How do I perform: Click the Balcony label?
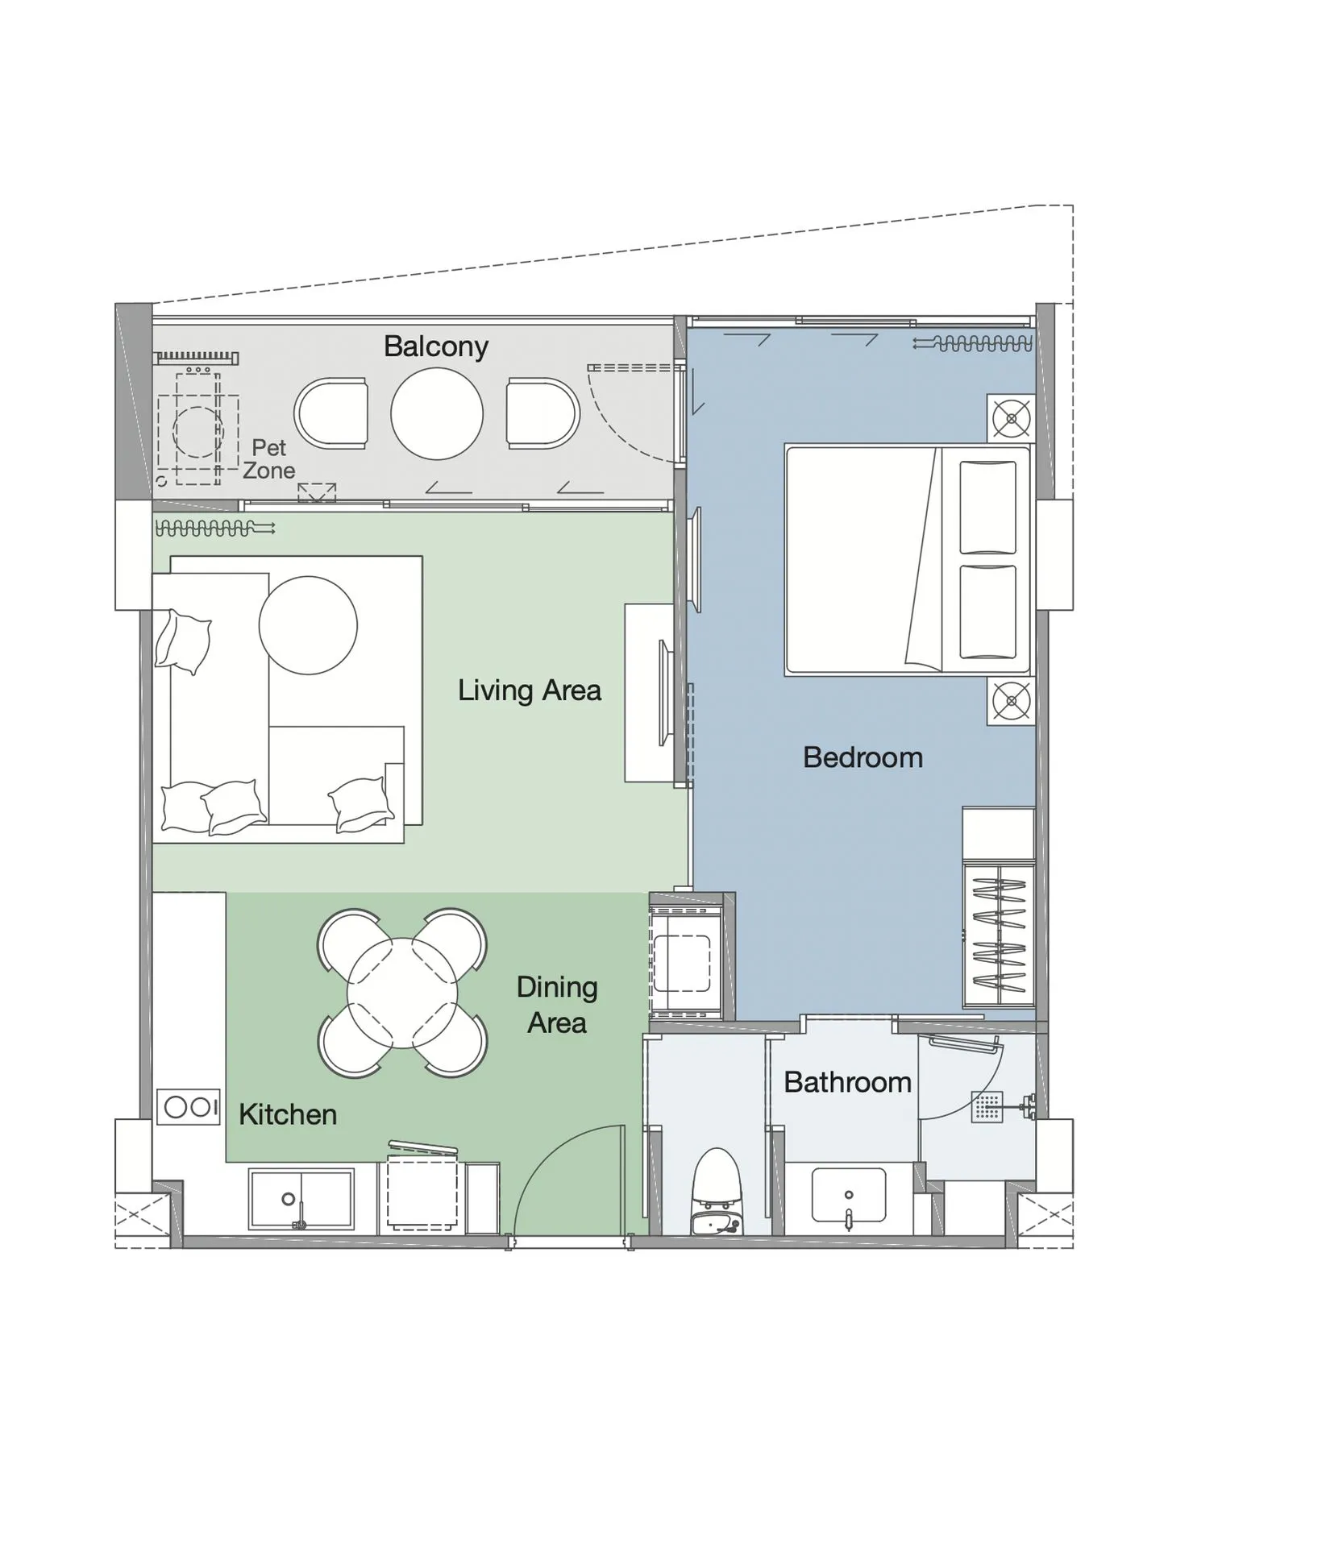click(435, 346)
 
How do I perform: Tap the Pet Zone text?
click(269, 458)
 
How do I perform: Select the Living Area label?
click(529, 691)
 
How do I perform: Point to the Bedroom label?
click(863, 757)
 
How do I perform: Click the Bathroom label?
click(847, 1082)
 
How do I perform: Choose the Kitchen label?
click(288, 1114)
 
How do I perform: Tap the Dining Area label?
click(557, 1005)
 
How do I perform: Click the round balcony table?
click(437, 413)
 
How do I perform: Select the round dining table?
click(402, 993)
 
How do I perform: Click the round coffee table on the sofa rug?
click(308, 625)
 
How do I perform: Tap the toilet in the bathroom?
click(717, 1188)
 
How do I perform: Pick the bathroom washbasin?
click(848, 1197)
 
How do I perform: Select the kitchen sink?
click(301, 1199)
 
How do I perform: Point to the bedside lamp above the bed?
click(1011, 418)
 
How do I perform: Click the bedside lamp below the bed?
click(1011, 701)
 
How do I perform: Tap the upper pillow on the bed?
click(987, 508)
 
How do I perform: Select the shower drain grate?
click(987, 1107)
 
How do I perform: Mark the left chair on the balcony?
click(332, 414)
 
